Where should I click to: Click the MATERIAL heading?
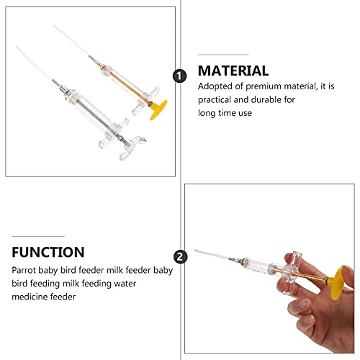click(233, 71)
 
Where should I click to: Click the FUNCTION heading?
click(48, 252)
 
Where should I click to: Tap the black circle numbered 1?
click(179, 76)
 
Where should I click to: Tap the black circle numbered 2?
click(180, 257)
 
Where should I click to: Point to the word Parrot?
click(24, 270)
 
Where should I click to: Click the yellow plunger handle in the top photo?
click(158, 110)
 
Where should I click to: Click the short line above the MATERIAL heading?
click(223, 55)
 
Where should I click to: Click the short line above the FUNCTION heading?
click(38, 236)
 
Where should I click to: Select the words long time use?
click(225, 113)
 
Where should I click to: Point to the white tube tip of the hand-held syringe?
click(211, 254)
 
